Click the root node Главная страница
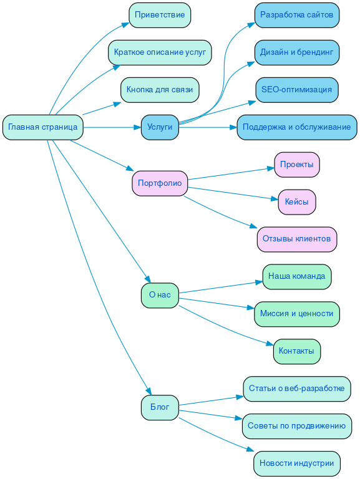[x=43, y=127]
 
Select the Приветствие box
[x=160, y=15]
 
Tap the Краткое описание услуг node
[x=160, y=52]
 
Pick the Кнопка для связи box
[x=160, y=90]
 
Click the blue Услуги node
[x=160, y=127]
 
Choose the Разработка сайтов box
[x=297, y=15]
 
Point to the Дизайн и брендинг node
[x=297, y=52]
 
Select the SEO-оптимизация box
[x=297, y=90]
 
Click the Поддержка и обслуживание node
[x=297, y=127]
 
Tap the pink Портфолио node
[x=160, y=183]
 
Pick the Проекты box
[x=297, y=165]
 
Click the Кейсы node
[x=297, y=202]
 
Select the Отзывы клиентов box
[x=297, y=239]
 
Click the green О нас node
[x=160, y=296]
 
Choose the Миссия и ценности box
[x=297, y=314]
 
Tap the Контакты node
[x=297, y=351]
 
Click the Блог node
[x=160, y=407]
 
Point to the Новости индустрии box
[x=297, y=463]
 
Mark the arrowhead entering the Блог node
[x=148, y=392]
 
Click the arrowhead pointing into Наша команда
[x=259, y=282]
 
